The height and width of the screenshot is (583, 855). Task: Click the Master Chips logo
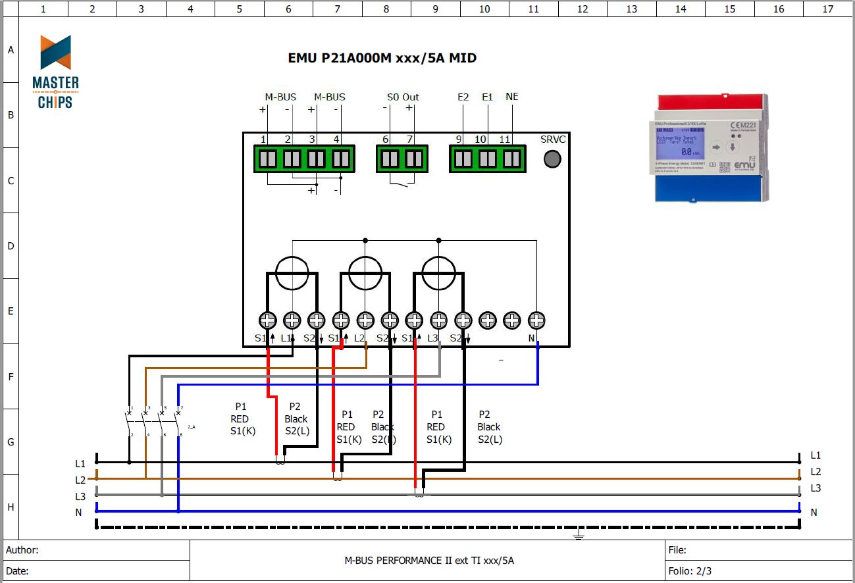[x=55, y=72]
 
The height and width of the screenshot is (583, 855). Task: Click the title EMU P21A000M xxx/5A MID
[x=382, y=58]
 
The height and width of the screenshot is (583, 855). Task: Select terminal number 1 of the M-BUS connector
[x=268, y=159]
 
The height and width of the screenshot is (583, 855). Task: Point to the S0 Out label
[x=403, y=97]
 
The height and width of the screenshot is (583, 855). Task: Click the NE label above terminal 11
[x=511, y=97]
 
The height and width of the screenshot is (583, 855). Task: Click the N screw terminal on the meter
[x=536, y=320]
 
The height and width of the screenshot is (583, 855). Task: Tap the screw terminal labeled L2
[x=365, y=320]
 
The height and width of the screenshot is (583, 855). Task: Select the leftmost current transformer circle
[x=292, y=272]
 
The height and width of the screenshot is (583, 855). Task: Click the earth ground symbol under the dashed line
[x=579, y=536]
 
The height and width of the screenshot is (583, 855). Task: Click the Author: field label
[x=22, y=550]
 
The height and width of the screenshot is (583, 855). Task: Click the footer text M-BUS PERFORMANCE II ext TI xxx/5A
[x=429, y=561]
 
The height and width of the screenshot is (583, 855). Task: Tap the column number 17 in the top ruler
[x=828, y=9]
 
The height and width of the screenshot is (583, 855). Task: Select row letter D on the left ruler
[x=11, y=246]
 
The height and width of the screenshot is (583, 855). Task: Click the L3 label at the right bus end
[x=816, y=488]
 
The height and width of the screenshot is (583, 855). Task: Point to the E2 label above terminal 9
[x=463, y=97]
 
